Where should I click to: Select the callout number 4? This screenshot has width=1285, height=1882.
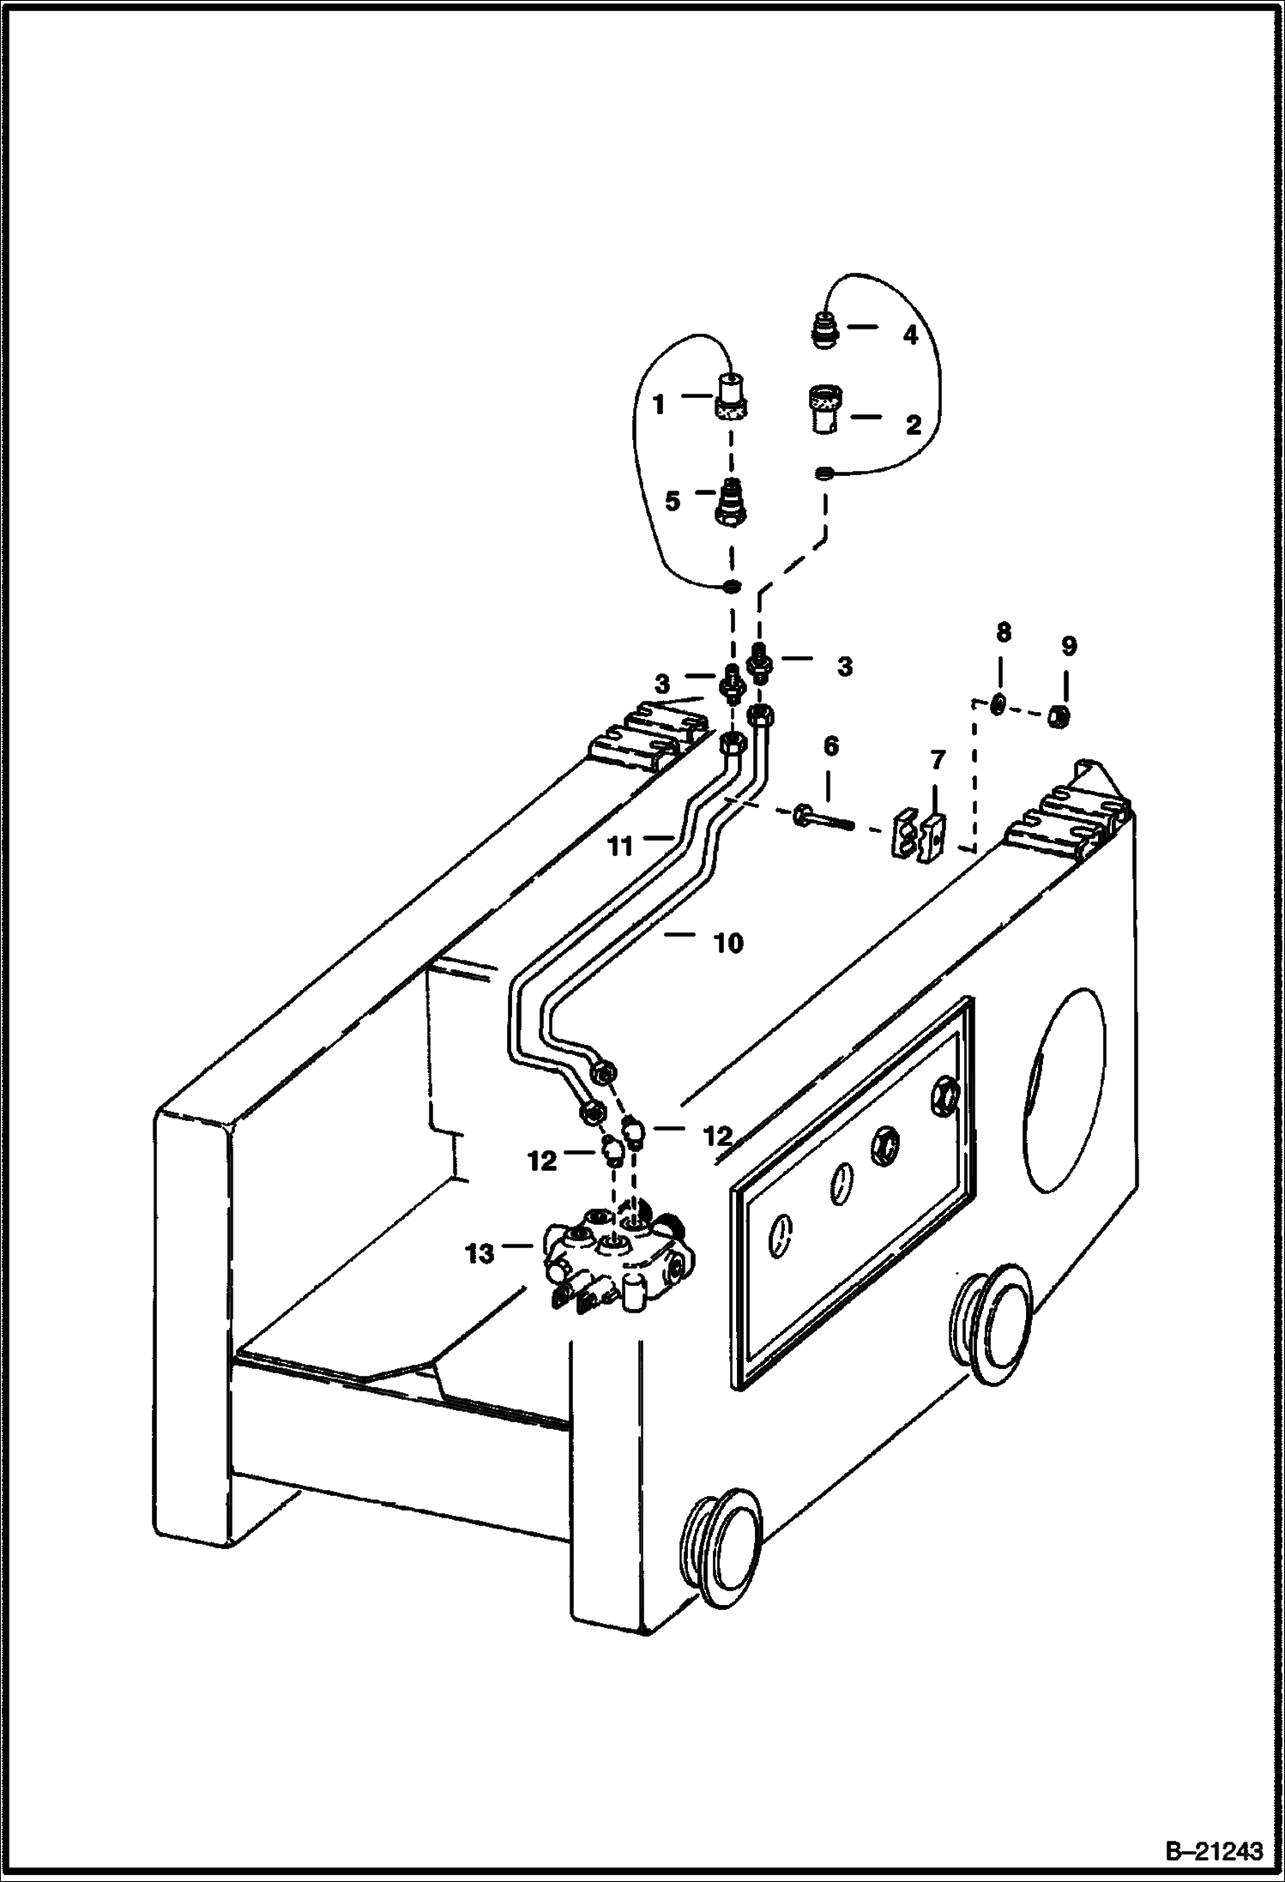(x=910, y=335)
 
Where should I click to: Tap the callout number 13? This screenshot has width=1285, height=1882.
(x=480, y=1253)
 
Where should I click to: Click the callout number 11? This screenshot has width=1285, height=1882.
(x=620, y=847)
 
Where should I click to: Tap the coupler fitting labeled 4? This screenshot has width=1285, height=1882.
(x=823, y=331)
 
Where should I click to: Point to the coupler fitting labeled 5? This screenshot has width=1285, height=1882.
(x=731, y=504)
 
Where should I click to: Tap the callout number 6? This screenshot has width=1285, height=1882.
(x=830, y=746)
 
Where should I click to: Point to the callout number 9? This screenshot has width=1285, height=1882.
(x=1067, y=646)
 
